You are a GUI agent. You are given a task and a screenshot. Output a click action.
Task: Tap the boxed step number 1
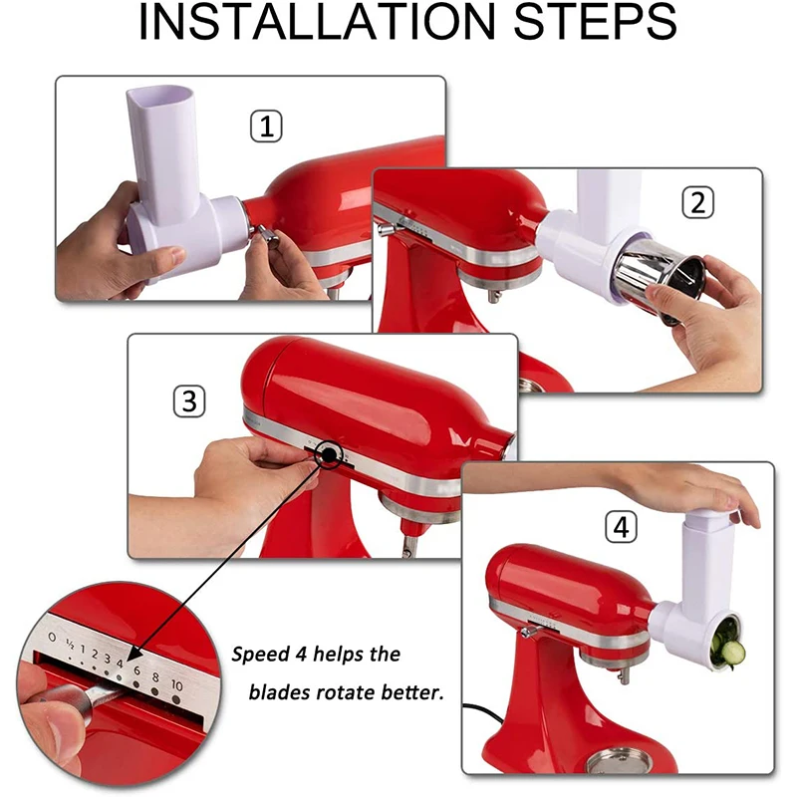pos(265,127)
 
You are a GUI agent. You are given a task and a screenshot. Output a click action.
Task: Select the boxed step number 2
pos(698,202)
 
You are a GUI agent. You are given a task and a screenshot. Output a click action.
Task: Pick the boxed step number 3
pos(188,401)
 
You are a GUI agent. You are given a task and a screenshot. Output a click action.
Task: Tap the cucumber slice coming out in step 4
pos(731,654)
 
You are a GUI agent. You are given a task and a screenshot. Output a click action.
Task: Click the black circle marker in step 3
pos(328,456)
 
